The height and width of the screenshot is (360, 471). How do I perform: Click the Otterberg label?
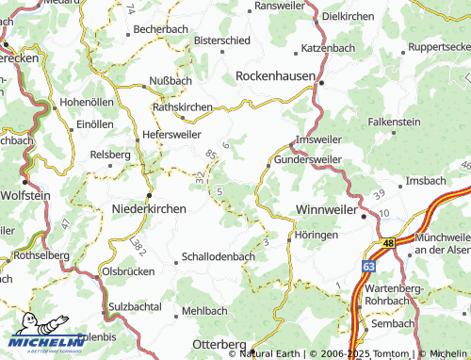tap(219, 344)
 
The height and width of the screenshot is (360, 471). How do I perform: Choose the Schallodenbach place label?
tap(219, 256)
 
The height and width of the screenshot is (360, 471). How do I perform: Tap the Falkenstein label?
tap(395, 122)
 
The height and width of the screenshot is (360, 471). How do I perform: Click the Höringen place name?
tap(316, 235)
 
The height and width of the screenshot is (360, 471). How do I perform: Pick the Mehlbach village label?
tap(204, 310)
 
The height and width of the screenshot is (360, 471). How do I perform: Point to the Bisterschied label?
tap(223, 41)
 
